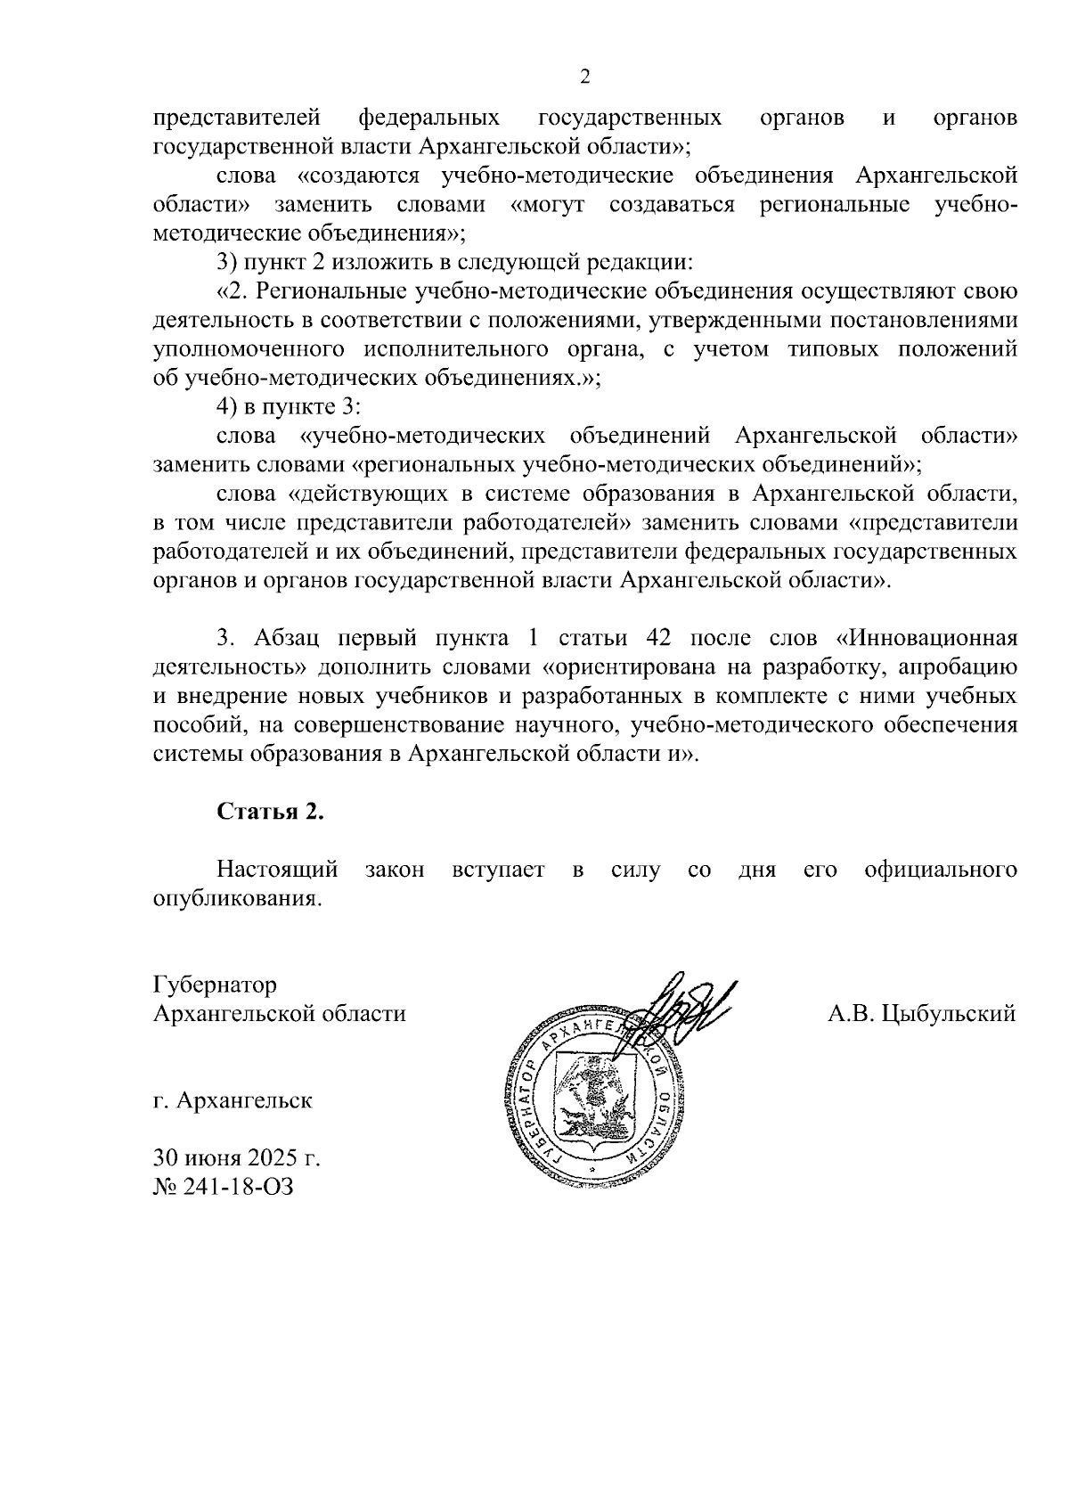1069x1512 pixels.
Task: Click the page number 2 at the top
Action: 585,78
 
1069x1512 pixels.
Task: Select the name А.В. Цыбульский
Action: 921,1013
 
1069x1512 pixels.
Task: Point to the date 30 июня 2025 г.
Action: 236,1159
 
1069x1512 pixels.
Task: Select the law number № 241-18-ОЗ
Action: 223,1187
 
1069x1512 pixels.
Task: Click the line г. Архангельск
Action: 232,1100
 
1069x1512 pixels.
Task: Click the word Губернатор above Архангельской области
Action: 215,985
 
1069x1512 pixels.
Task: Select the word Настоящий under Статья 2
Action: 277,870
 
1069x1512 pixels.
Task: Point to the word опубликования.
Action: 235,898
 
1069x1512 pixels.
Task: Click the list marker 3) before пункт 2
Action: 227,262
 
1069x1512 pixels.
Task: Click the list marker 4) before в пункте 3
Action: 227,407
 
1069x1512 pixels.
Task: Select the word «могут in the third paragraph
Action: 548,205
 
